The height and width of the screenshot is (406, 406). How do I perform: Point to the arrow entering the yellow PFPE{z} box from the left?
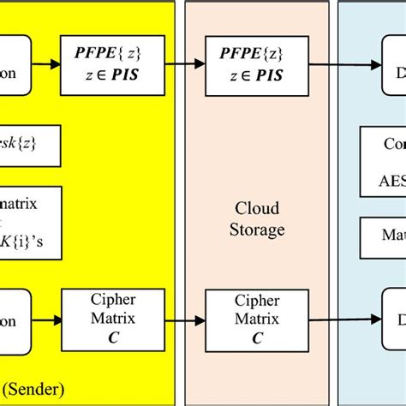[46, 63]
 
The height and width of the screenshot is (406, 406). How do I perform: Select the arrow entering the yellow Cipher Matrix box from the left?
[46, 316]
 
